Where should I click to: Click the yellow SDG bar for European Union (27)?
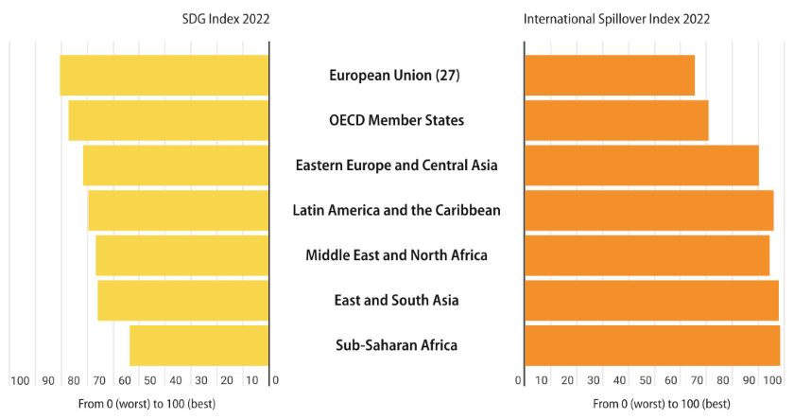point(164,76)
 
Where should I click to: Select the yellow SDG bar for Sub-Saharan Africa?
point(199,345)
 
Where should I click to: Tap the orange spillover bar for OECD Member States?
point(616,120)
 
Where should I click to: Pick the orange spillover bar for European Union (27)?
point(610,76)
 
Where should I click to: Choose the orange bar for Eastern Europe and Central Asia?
point(642,166)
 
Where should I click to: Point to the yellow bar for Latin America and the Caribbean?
point(179,210)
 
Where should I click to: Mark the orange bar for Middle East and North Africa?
point(647,255)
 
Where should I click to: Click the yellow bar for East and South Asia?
point(183,300)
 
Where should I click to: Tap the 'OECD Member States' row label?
point(396,120)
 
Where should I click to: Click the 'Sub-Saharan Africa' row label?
point(396,345)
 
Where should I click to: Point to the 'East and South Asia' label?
point(396,300)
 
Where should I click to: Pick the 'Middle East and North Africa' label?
point(396,255)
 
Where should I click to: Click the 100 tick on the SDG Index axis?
point(20,380)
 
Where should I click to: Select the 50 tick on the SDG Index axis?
point(150,380)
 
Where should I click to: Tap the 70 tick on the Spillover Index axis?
point(698,380)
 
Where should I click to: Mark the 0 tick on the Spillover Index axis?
point(519,380)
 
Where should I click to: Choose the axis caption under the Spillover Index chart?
point(662,404)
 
